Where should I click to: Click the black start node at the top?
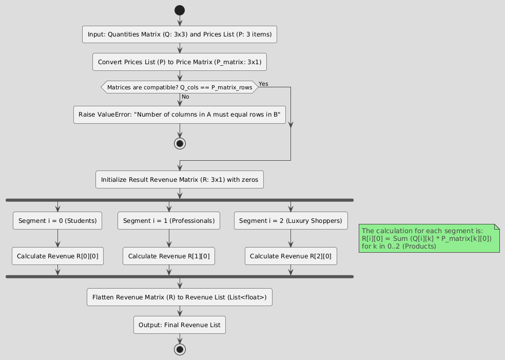pos(180,10)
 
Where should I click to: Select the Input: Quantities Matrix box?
pos(180,34)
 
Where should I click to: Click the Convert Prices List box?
pos(180,62)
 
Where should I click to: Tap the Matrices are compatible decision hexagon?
pos(180,87)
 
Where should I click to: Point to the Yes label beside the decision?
pos(263,84)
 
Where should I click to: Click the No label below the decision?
pos(185,97)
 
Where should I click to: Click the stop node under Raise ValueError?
pos(180,143)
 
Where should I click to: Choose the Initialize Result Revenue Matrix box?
pos(180,180)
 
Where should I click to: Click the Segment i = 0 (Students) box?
pos(57,221)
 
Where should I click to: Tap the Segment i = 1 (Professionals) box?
pos(169,221)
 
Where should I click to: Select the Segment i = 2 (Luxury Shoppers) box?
pos(291,221)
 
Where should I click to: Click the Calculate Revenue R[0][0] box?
pos(57,256)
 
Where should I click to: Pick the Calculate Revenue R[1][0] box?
pos(169,256)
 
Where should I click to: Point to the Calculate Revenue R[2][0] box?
pos(291,256)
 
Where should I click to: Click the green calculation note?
pos(429,238)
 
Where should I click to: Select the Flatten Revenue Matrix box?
pos(180,297)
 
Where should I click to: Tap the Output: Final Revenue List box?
pos(180,325)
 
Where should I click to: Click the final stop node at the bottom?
pos(180,350)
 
